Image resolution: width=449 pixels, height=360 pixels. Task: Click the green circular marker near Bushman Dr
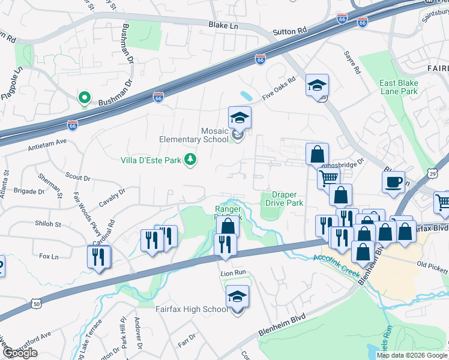(85, 97)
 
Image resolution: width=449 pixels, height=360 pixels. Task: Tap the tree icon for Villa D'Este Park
(191, 160)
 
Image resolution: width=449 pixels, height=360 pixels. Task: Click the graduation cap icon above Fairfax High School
(237, 296)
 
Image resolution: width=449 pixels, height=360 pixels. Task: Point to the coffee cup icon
(393, 182)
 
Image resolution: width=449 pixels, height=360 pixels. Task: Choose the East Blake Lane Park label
(398, 87)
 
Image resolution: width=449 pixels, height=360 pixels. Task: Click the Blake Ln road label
(223, 26)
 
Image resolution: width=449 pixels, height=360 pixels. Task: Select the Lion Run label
(234, 272)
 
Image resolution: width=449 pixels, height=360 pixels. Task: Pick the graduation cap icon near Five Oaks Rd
(317, 85)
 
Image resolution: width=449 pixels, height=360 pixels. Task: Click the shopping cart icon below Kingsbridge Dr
(328, 178)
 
